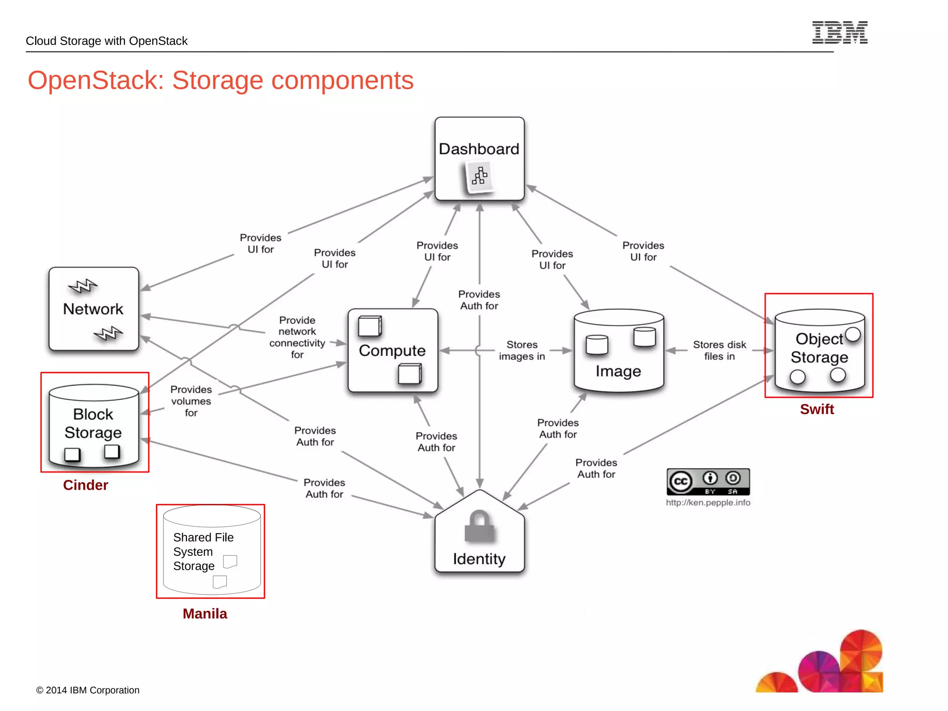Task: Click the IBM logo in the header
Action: pyautogui.click(x=839, y=32)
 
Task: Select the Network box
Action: pyautogui.click(x=94, y=308)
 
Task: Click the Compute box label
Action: pyautogui.click(x=392, y=351)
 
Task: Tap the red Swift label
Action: pyautogui.click(x=817, y=409)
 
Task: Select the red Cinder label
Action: pyautogui.click(x=86, y=485)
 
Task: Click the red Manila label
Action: pyautogui.click(x=205, y=614)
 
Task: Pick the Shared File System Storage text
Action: pyautogui.click(x=203, y=552)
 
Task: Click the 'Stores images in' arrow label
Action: pyautogui.click(x=522, y=351)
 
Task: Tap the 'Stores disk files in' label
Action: pyautogui.click(x=719, y=351)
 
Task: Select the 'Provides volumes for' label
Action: pyautogui.click(x=191, y=401)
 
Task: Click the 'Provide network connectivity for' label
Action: pyautogui.click(x=297, y=337)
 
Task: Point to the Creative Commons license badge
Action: pyautogui.click(x=708, y=482)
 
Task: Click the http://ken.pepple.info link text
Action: pyautogui.click(x=708, y=503)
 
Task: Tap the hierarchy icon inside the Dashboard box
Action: pyautogui.click(x=479, y=176)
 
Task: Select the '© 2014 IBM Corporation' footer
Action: pyautogui.click(x=88, y=690)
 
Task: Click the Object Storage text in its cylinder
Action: pyautogui.click(x=819, y=348)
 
